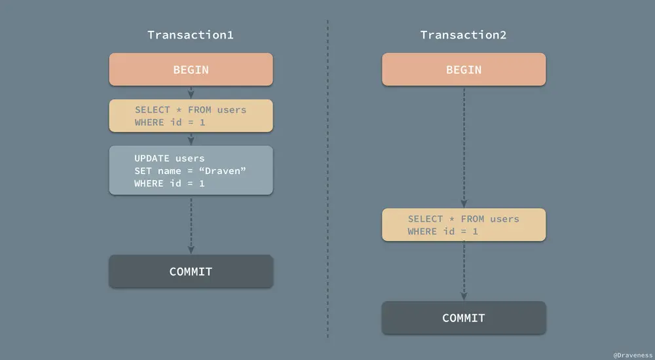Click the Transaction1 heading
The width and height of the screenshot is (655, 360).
tap(190, 35)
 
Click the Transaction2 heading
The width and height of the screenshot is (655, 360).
tap(463, 35)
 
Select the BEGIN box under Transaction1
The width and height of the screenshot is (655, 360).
tap(190, 70)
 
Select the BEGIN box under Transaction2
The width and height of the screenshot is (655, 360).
tap(463, 70)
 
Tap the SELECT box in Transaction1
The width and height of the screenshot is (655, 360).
tap(190, 116)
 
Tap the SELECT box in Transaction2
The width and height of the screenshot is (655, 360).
tap(463, 225)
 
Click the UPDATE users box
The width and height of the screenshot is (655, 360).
tap(190, 171)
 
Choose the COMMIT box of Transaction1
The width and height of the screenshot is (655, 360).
tap(190, 272)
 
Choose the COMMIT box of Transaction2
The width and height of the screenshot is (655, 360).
tap(463, 318)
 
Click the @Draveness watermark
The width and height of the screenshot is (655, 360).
tap(632, 354)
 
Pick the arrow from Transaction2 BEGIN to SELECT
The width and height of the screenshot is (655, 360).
tap(464, 147)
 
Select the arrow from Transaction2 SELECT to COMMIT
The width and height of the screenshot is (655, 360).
tap(464, 271)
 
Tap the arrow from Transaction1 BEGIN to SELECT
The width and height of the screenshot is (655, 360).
tap(191, 92)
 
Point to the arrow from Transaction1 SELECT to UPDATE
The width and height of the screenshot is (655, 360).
tap(191, 139)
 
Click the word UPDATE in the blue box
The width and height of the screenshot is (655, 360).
tap(151, 158)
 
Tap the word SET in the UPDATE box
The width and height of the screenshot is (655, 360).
tap(143, 171)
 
